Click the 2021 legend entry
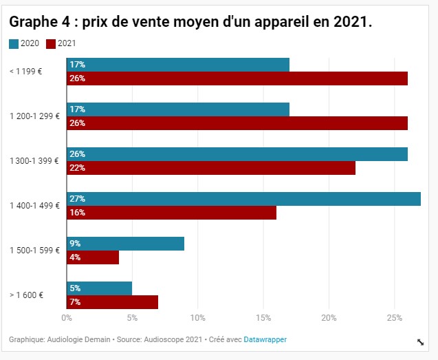(x=61, y=44)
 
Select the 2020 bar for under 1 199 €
(x=177, y=65)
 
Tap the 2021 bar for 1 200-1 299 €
(x=237, y=123)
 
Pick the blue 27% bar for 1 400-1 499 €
(x=243, y=199)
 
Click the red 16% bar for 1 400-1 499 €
(x=171, y=213)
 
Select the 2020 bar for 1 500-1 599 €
(x=125, y=244)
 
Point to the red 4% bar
(x=93, y=257)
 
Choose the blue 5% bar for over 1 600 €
(x=99, y=288)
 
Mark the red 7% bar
(x=112, y=302)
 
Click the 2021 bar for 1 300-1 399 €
(x=210, y=168)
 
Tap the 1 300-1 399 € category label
(x=34, y=161)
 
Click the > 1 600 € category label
(x=27, y=295)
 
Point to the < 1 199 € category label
(x=26, y=72)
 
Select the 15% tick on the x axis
(x=263, y=318)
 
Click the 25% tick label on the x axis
(x=394, y=318)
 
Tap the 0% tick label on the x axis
(x=67, y=318)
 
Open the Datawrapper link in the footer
(x=265, y=339)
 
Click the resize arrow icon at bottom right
(x=421, y=342)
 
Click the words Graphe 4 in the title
(x=39, y=22)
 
